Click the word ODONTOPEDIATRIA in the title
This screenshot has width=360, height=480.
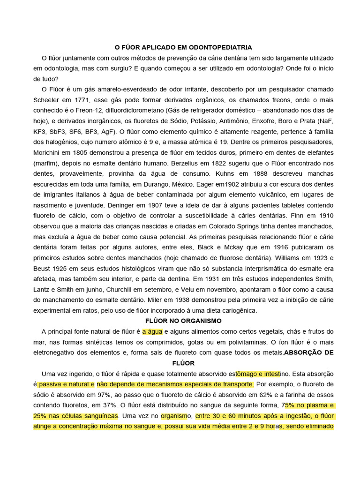pos(223,47)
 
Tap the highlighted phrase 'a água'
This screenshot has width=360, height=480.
pos(152,331)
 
